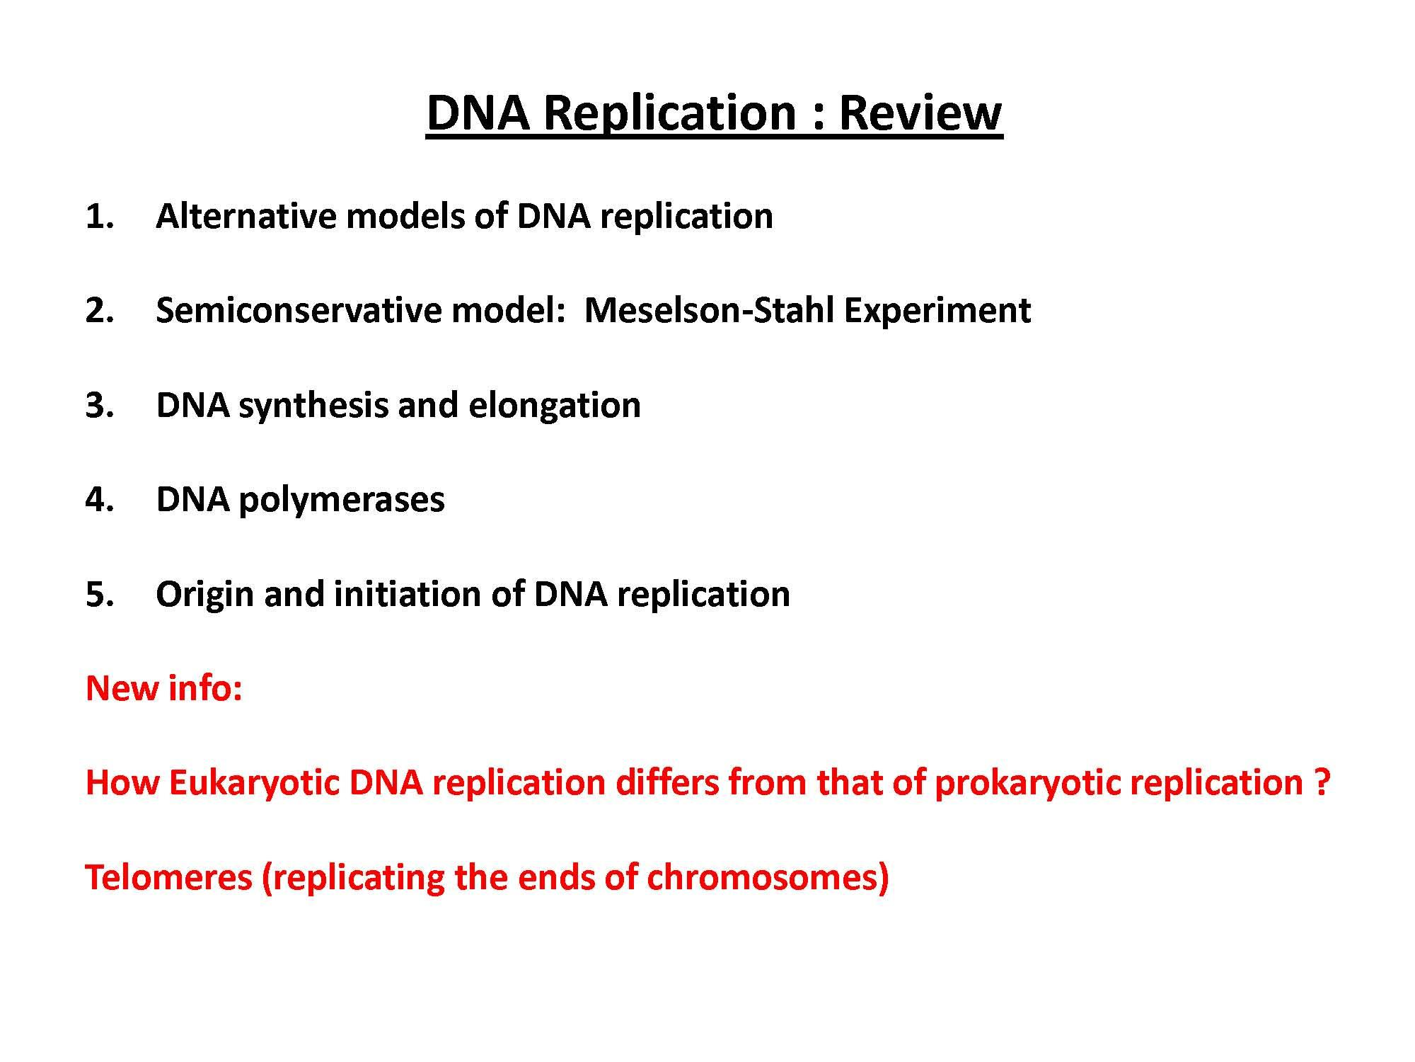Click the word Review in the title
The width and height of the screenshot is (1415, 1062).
click(920, 113)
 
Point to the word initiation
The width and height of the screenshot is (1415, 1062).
click(406, 594)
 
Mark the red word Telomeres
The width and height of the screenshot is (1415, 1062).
click(168, 877)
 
